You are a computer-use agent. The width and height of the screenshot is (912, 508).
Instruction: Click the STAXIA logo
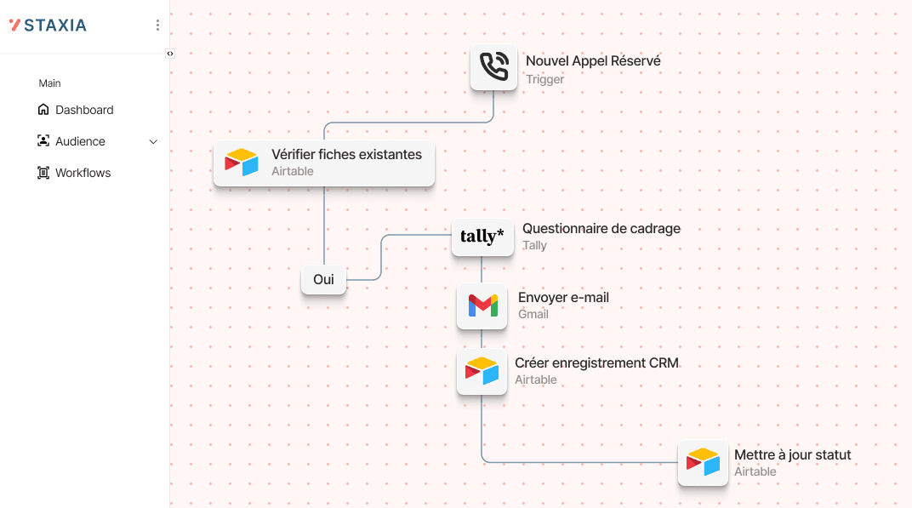(x=48, y=26)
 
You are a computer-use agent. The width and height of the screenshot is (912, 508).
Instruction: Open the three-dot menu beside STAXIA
(x=157, y=26)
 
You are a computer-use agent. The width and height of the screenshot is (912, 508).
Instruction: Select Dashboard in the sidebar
(x=84, y=110)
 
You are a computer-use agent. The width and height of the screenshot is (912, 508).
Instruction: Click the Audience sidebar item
(x=80, y=141)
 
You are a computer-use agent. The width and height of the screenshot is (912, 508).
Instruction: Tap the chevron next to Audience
(x=153, y=142)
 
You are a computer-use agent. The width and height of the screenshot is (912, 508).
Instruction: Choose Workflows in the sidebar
(x=83, y=173)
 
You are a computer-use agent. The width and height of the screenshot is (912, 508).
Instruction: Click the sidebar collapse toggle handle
(x=170, y=54)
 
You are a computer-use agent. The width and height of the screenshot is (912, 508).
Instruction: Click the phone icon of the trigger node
(x=493, y=67)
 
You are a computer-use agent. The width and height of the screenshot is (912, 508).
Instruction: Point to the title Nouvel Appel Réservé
(x=593, y=61)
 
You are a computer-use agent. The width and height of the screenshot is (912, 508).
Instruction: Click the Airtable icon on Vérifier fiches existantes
(x=241, y=163)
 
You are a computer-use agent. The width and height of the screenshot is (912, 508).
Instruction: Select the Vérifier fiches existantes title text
(x=346, y=155)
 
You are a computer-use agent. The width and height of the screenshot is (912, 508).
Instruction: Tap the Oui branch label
(x=323, y=279)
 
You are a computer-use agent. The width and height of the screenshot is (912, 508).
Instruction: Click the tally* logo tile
(x=482, y=236)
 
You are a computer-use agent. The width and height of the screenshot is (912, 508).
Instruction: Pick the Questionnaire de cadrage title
(x=601, y=229)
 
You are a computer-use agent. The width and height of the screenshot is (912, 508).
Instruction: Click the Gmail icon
(x=482, y=305)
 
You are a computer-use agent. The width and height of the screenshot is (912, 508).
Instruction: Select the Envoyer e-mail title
(x=563, y=298)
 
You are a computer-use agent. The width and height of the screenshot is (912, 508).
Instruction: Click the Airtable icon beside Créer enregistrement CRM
(x=482, y=371)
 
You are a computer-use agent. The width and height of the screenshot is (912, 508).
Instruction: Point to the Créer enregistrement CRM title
(x=596, y=363)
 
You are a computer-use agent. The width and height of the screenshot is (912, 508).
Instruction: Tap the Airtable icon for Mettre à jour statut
(x=703, y=463)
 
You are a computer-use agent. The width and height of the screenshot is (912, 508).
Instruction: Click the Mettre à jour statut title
(x=792, y=455)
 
